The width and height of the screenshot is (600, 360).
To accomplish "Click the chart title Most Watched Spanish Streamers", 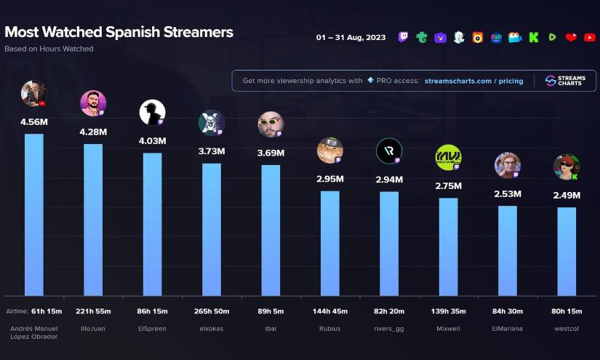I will coord(119,33).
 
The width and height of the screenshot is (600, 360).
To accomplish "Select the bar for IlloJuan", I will coord(93,218).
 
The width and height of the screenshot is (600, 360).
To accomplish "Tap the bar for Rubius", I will coord(329,243).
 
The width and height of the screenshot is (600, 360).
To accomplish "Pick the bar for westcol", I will coord(567,251).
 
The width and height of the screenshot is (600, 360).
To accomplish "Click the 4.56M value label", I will coord(34,122).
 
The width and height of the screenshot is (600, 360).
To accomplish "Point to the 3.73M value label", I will coord(212,151).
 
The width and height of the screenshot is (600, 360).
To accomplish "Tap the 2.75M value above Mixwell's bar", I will coord(448,186).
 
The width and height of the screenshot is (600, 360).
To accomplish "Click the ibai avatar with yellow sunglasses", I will coord(271,124).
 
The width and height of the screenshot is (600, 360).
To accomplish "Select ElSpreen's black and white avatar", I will coord(152,112).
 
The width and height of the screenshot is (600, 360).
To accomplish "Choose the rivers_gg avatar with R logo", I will coord(388,151).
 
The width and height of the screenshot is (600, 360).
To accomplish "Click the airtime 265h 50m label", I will coord(212,311).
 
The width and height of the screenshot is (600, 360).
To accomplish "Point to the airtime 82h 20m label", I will coord(389,311).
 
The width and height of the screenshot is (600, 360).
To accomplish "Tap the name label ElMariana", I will coord(508,329).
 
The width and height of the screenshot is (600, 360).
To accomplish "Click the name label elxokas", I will coord(212,329).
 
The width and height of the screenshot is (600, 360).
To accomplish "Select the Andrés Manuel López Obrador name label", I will coord(34,333).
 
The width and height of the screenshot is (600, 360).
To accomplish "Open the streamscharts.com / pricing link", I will coord(474,81).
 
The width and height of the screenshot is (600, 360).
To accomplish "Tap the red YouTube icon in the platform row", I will coord(589,38).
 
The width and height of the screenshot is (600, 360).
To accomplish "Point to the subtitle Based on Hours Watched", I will coord(49,49).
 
